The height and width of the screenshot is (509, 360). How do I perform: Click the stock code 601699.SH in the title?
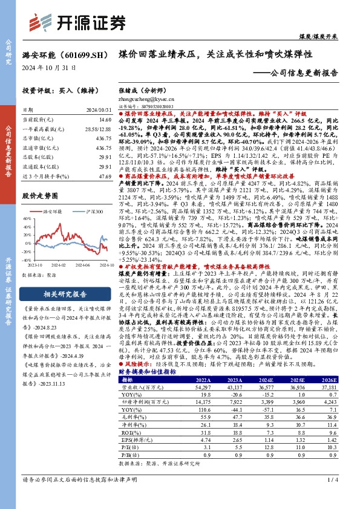click(x=82, y=55)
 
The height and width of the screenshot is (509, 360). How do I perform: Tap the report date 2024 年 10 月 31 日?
click(x=49, y=68)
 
